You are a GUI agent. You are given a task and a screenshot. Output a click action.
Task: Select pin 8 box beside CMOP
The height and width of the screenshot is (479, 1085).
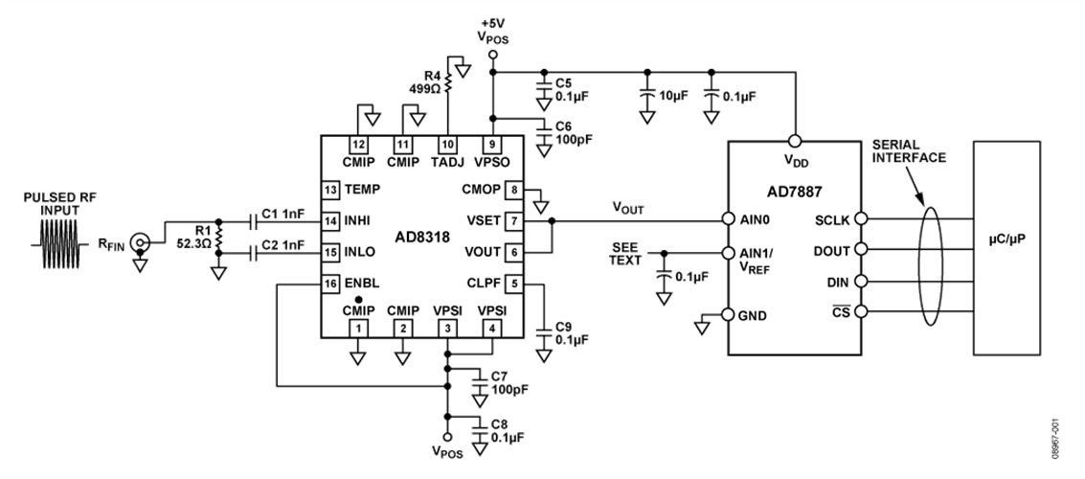514,190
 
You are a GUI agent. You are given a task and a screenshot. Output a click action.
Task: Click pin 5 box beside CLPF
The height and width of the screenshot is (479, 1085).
514,284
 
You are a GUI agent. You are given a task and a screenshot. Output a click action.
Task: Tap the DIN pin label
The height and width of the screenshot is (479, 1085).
837,282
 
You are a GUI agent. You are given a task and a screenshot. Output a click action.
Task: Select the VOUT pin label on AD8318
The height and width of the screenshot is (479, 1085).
483,253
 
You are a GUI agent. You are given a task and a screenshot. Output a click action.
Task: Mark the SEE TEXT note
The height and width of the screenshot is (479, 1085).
625,254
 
